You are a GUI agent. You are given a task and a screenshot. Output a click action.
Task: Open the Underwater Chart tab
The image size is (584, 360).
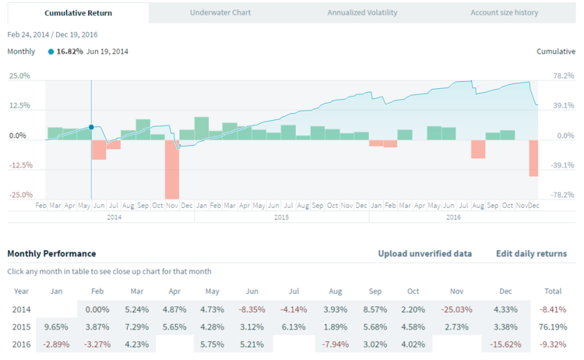point(221,12)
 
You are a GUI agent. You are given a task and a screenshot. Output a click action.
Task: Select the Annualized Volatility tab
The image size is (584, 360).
point(362,12)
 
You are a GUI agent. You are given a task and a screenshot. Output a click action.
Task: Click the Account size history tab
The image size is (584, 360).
point(504,12)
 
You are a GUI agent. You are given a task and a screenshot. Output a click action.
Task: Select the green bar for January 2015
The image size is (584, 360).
point(202,129)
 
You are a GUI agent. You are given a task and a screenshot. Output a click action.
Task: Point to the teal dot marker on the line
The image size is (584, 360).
point(91,126)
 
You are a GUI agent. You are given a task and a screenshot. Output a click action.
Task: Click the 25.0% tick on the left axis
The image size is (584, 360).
point(19,76)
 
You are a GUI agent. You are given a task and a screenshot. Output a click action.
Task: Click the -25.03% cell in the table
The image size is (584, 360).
point(456,309)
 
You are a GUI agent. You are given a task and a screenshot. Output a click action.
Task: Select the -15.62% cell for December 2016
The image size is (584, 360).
point(506,344)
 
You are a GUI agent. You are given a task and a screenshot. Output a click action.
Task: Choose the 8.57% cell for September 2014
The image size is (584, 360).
point(375,309)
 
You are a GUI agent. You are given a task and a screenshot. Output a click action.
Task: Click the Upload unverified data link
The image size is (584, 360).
point(424,253)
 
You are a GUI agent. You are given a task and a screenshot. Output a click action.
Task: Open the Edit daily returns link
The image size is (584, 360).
point(531,253)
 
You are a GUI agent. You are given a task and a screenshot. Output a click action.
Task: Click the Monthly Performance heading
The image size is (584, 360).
point(51,253)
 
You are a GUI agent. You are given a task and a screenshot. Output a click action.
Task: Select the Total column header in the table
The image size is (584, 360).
point(554,291)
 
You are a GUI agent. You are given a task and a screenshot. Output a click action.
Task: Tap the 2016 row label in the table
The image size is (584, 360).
point(23,344)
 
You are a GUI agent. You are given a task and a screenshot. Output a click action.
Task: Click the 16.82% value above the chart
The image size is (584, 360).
point(70,51)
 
